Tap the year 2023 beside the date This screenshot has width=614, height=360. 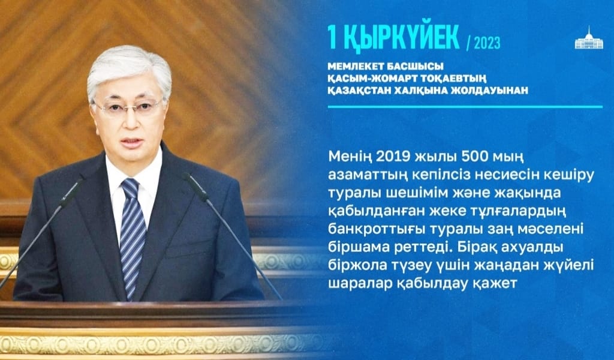pos(486,43)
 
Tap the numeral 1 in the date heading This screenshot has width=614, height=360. pos(332,38)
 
